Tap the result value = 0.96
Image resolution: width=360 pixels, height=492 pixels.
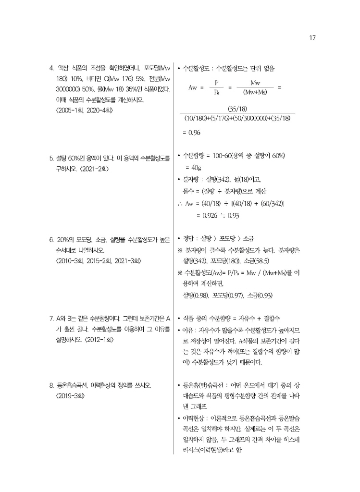[x=191, y=133]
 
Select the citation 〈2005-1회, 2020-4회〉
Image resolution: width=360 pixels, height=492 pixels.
[x=85, y=111]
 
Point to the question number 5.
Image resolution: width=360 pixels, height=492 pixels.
[x=52, y=159]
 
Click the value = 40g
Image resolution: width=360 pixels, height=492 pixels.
[x=193, y=168]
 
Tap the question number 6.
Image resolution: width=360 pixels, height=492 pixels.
[x=52, y=239]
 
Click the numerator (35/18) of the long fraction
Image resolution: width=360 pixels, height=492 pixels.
[x=237, y=109]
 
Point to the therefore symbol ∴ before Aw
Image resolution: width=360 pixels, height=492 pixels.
[x=180, y=203]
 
